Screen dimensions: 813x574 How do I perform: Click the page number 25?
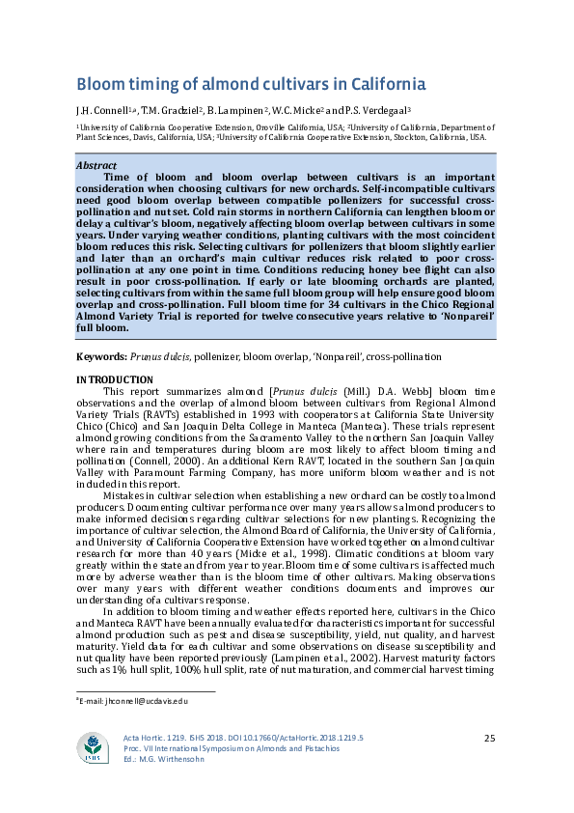[489, 738]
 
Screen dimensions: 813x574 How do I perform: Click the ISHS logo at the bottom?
[94, 749]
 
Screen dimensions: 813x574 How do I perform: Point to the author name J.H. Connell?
[106, 110]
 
